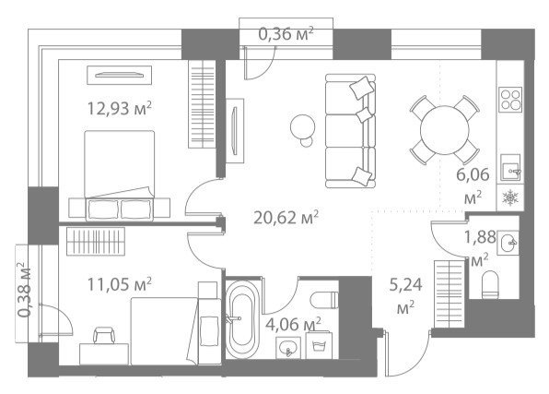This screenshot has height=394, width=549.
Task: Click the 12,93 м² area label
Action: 119,108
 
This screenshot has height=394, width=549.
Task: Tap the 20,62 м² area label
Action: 286,218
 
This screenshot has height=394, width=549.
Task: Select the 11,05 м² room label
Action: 119,284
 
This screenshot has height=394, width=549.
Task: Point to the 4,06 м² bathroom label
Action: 293,324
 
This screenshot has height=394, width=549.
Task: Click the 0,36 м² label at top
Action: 286,34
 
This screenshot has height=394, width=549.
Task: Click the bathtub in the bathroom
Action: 242,318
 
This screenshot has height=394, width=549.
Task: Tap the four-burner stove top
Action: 511,100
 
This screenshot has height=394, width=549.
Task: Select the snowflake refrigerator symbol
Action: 510,197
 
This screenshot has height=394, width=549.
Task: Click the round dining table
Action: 444,130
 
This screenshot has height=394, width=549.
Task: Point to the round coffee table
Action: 302,126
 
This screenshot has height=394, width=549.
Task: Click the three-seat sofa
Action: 350,130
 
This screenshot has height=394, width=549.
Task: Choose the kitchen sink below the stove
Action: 510,168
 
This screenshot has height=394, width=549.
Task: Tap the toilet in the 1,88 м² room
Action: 490,284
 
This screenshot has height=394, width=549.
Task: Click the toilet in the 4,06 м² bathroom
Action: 324,300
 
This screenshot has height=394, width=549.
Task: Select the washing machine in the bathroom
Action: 319,345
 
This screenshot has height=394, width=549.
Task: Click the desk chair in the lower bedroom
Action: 104,335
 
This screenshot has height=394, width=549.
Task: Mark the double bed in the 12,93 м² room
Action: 120,175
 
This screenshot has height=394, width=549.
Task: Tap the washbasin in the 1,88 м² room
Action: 508,243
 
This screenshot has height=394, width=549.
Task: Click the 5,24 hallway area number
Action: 405,284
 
